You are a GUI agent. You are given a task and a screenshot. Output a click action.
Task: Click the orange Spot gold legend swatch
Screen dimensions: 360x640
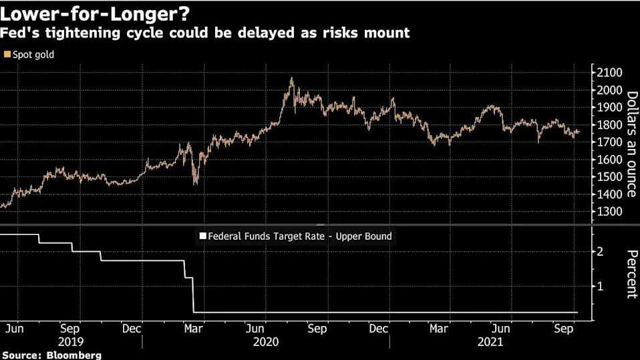[7, 55]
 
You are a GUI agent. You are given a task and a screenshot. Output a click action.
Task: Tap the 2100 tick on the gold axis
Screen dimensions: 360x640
[609, 73]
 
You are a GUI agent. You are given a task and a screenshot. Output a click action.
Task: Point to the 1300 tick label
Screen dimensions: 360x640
[609, 212]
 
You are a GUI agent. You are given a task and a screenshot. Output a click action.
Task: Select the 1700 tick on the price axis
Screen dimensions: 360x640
[609, 142]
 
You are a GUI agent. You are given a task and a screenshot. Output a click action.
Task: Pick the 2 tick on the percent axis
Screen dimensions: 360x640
[600, 251]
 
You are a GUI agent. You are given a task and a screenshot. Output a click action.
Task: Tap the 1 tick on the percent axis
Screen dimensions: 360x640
[600, 286]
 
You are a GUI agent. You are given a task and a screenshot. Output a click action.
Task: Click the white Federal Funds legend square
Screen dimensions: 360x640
[202, 236]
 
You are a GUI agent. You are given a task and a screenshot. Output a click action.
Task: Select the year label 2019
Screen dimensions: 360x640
[71, 341]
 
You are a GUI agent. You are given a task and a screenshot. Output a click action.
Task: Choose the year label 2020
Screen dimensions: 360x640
[265, 341]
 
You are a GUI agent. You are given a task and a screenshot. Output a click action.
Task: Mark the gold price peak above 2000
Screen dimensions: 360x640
[292, 79]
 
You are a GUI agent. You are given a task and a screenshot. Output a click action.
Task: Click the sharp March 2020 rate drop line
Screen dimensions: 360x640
[192, 294]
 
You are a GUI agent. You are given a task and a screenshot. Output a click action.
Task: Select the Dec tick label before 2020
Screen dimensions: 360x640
[132, 329]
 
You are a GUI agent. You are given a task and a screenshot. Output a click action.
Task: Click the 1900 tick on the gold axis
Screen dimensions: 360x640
[609, 108]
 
